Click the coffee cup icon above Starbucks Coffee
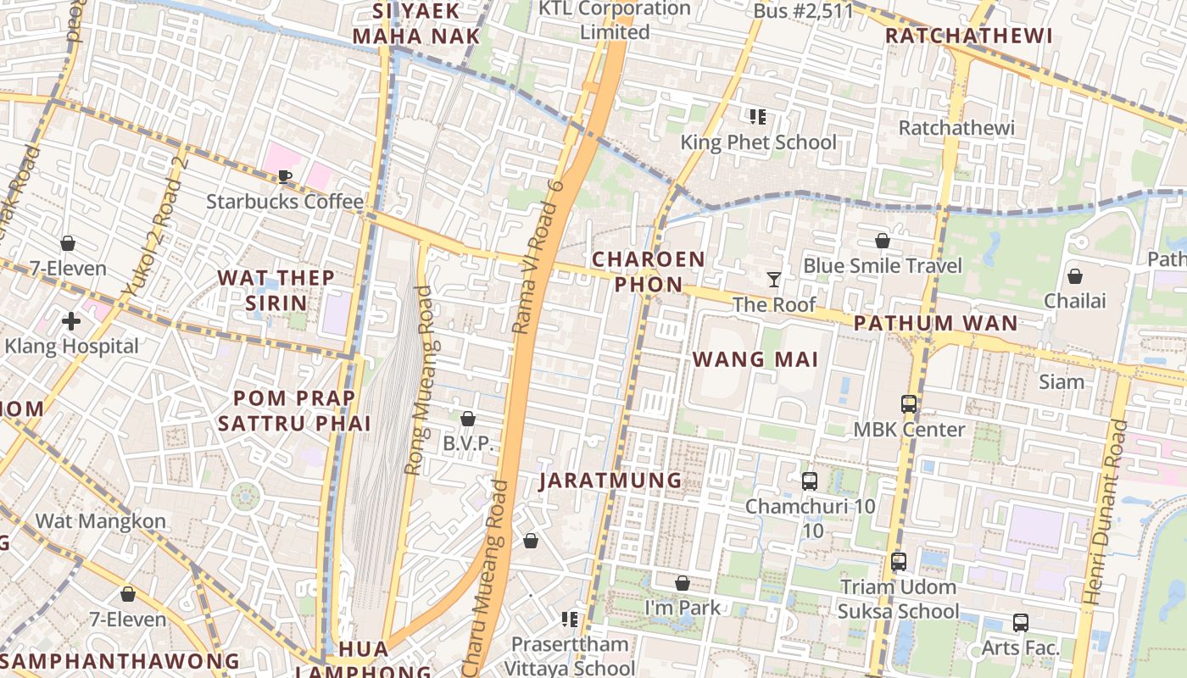click(285, 177)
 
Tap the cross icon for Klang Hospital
click(71, 321)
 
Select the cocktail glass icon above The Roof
click(773, 279)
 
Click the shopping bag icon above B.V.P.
click(467, 419)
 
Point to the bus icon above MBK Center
click(909, 404)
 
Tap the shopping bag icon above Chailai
click(1074, 276)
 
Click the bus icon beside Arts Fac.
click(1021, 623)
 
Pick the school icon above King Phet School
click(758, 117)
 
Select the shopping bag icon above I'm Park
click(683, 583)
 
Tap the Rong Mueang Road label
click(418, 380)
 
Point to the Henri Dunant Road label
click(1106, 512)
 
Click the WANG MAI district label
click(755, 359)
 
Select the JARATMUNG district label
click(610, 481)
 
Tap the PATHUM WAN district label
click(935, 323)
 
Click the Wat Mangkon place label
click(100, 520)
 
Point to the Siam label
click(1062, 381)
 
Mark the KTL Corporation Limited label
click(615, 20)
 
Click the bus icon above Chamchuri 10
click(810, 481)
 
